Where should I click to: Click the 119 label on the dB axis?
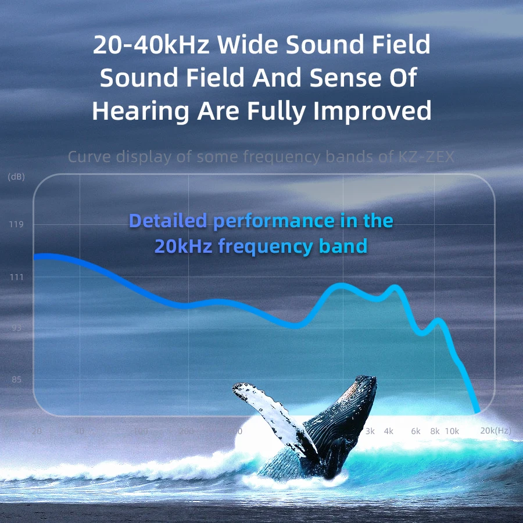(16, 225)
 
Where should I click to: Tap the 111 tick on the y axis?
(16, 278)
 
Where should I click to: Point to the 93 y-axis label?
(16, 328)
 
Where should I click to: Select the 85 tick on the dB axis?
(16, 379)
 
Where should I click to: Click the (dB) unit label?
(16, 177)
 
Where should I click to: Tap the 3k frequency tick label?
(370, 431)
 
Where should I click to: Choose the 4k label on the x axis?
(389, 431)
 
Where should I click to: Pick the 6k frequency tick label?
(415, 431)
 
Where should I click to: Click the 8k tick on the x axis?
(435, 431)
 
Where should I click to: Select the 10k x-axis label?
(452, 431)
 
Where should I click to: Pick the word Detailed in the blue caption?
(169, 221)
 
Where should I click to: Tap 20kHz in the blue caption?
(183, 246)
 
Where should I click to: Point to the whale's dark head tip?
(366, 381)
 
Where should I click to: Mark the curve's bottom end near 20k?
(477, 410)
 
